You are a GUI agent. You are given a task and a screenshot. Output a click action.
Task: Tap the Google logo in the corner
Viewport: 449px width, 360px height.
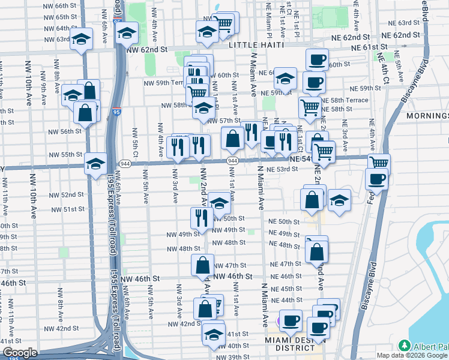(x=20, y=353)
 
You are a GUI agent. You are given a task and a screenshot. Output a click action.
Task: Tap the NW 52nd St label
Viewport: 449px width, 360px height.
(x=67, y=195)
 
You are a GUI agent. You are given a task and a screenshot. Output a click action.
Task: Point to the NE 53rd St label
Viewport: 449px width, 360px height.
(x=283, y=169)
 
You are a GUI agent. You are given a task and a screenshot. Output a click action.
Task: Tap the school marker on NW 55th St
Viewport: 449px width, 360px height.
(x=95, y=163)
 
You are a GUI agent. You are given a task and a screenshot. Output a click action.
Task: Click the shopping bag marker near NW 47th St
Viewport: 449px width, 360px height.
(x=203, y=264)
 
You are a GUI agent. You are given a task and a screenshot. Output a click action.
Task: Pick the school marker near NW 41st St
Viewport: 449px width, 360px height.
(x=212, y=334)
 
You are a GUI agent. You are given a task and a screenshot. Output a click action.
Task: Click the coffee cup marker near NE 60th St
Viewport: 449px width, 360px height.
(x=317, y=61)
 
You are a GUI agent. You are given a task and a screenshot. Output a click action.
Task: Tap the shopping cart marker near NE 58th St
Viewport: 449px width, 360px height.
(x=310, y=108)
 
